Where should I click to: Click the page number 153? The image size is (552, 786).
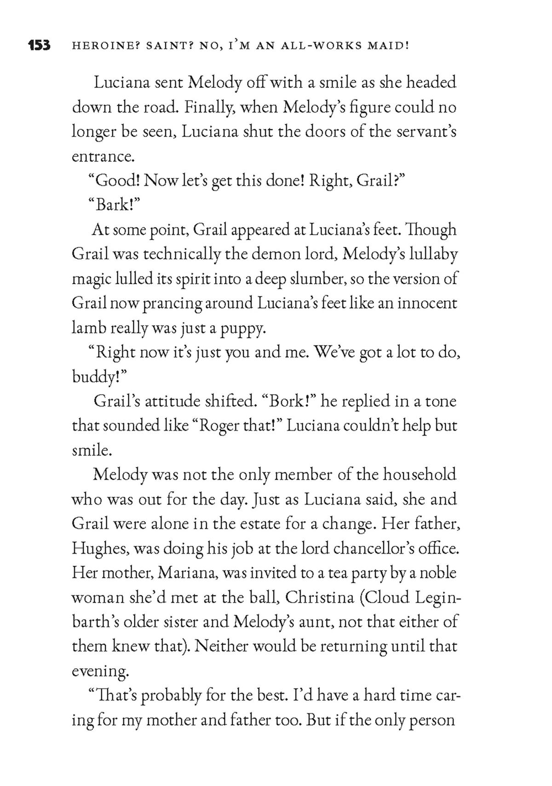pos(39,46)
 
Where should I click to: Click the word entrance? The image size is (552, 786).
pos(103,157)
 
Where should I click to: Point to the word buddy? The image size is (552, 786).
pos(99,377)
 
